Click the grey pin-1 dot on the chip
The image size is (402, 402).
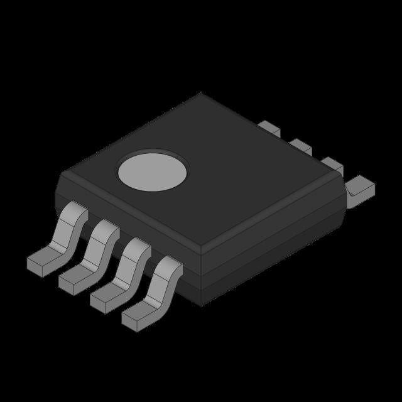(x=153, y=171)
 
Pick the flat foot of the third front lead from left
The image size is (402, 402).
(x=106, y=296)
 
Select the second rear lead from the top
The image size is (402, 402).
(x=301, y=146)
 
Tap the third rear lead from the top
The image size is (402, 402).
(x=332, y=165)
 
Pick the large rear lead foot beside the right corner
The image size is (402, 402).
(x=362, y=187)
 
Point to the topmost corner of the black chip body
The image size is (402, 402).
(x=201, y=94)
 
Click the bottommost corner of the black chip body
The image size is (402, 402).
(x=201, y=305)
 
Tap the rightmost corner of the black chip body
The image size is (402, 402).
(x=346, y=188)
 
